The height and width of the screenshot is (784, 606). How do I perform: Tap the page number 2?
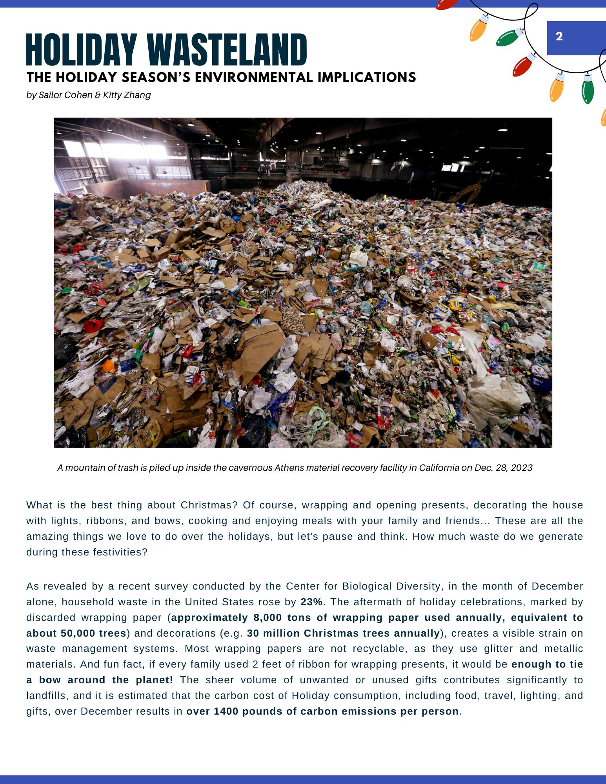(559, 36)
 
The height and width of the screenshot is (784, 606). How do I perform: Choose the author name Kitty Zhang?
(127, 95)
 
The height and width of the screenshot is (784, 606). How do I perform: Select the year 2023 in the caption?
(522, 468)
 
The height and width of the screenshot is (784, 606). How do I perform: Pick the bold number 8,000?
(269, 617)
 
